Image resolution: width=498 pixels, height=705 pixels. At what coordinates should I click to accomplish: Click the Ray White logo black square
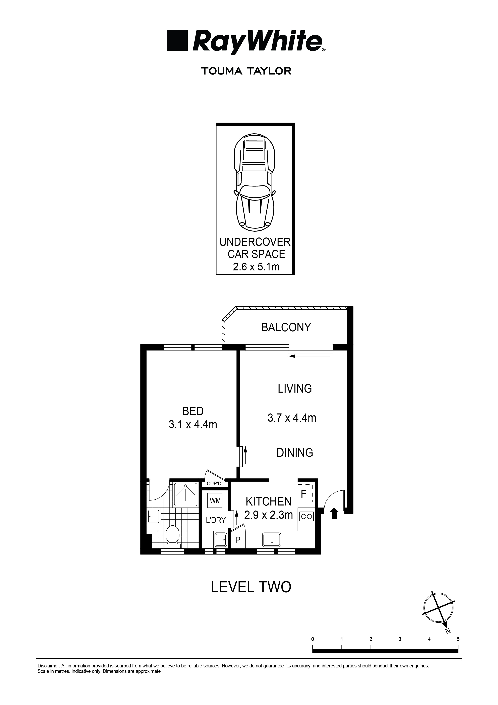click(x=177, y=40)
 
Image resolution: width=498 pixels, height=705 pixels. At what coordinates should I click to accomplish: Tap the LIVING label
click(x=295, y=389)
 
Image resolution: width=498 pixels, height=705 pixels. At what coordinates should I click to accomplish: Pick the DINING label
click(x=295, y=453)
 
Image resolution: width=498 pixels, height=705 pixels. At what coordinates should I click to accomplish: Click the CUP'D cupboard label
click(x=214, y=484)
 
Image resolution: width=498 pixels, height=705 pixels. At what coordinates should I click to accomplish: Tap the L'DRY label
click(x=216, y=520)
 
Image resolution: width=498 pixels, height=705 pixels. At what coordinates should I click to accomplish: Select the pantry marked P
click(x=238, y=540)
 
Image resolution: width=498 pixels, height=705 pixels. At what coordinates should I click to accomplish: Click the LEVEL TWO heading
click(x=251, y=587)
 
